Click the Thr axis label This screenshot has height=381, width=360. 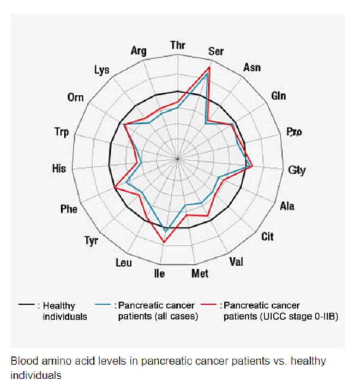pyautogui.click(x=177, y=44)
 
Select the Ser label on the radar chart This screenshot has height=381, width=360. pyautogui.click(x=217, y=51)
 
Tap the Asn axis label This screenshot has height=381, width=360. pyautogui.click(x=251, y=68)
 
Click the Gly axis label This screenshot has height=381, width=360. pyautogui.click(x=297, y=170)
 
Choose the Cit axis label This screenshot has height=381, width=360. pyautogui.click(x=267, y=237)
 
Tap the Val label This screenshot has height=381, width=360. pyautogui.click(x=236, y=262)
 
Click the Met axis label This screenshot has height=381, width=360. pyautogui.click(x=200, y=273)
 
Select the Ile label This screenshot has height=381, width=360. pyautogui.click(x=159, y=273)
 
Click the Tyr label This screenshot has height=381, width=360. pyautogui.click(x=91, y=240)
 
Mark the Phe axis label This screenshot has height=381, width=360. pyautogui.click(x=69, y=209)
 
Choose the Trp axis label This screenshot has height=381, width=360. pyautogui.click(x=62, y=131)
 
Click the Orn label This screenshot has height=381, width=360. pyautogui.click(x=75, y=98)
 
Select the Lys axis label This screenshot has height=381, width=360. pyautogui.click(x=101, y=70)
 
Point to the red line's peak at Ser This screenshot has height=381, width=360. pyautogui.click(x=209, y=67)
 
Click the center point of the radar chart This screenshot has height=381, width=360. pyautogui.click(x=177, y=159)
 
